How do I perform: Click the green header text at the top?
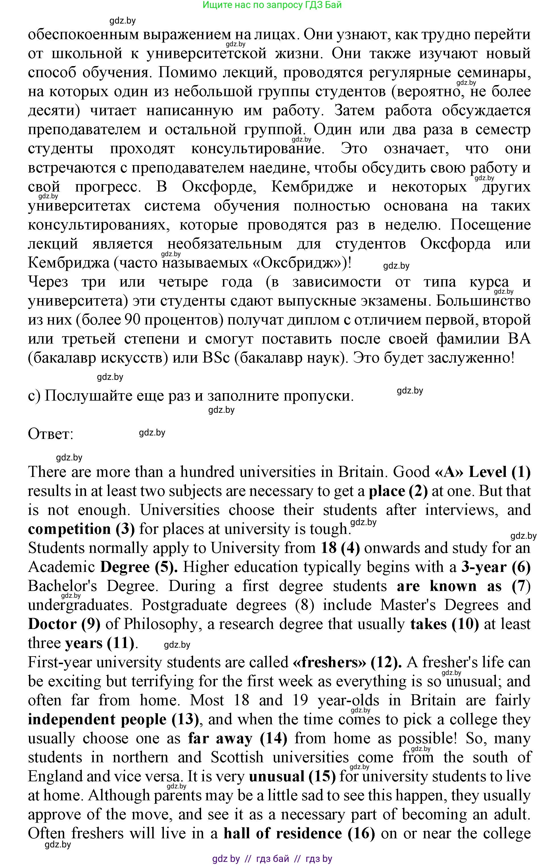coord(272,5)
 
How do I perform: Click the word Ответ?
coord(51,434)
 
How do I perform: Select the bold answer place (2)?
coord(398,491)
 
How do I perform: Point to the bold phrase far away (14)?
coord(237,738)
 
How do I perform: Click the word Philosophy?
coord(160,624)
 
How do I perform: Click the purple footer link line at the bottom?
coord(272,859)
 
